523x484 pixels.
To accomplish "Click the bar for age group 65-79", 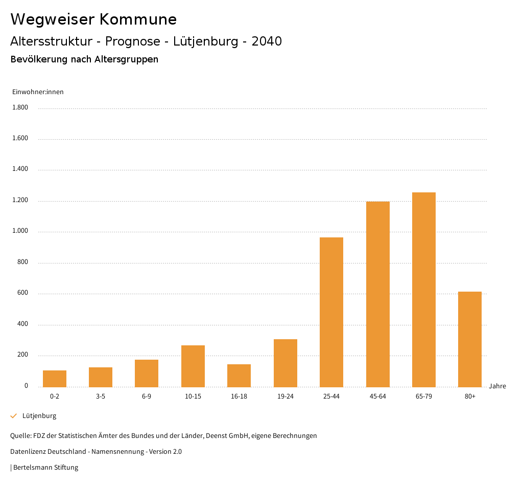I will (x=423, y=290).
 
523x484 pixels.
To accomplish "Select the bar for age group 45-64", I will (x=377, y=294).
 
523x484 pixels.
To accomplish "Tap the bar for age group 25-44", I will (x=331, y=312).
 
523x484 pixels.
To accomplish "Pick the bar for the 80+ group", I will (x=470, y=339).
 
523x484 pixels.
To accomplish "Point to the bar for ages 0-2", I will (x=55, y=379).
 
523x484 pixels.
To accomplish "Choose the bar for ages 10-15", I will (x=193, y=366).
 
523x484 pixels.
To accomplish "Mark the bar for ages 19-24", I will (x=286, y=363).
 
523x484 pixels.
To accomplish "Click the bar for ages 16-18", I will (x=239, y=376).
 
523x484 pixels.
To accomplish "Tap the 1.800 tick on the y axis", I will (x=20, y=107).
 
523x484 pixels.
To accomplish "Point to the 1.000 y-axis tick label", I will (x=20, y=231).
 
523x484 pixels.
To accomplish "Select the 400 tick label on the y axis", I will (x=22, y=324).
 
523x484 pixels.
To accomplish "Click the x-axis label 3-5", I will (x=101, y=397).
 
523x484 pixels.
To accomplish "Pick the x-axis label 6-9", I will (x=147, y=397).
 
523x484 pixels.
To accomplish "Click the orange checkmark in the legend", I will (x=14, y=416).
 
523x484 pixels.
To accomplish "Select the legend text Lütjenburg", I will (x=39, y=416).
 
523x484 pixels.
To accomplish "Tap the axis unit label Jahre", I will (x=497, y=386).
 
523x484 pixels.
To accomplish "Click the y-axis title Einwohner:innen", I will (x=38, y=92).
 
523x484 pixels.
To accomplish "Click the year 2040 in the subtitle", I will (x=267, y=41).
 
